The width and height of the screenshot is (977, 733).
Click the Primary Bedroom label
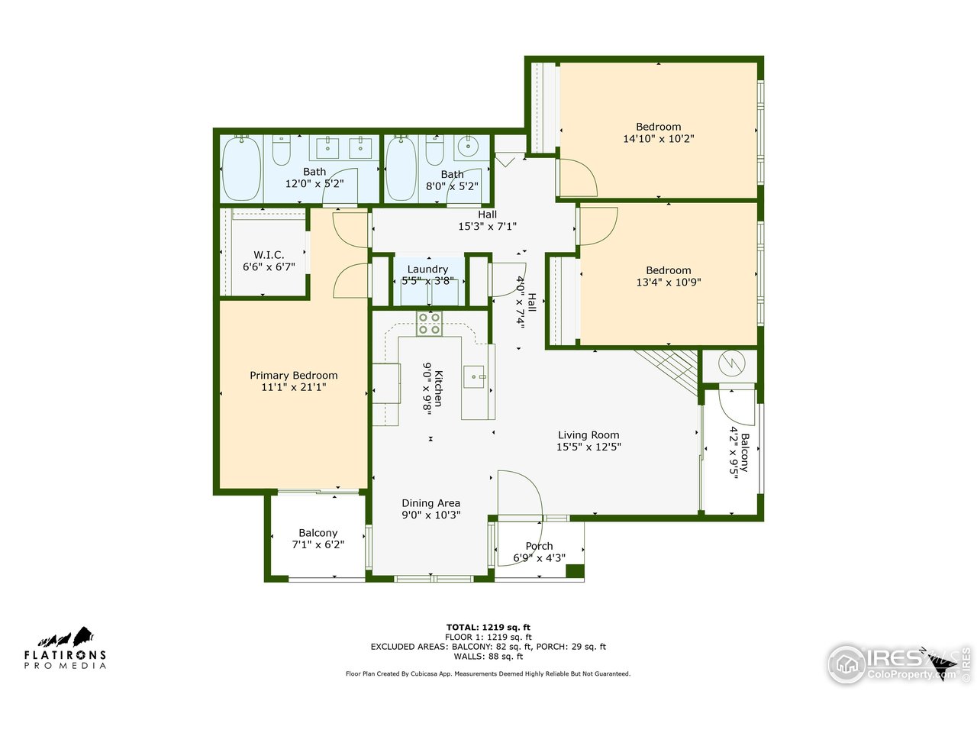click(x=294, y=376)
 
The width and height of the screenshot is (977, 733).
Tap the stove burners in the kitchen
click(x=428, y=324)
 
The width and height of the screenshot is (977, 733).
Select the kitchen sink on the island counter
click(x=474, y=376)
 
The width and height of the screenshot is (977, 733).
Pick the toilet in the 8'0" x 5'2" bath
click(x=434, y=151)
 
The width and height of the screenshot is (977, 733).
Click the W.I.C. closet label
click(x=269, y=255)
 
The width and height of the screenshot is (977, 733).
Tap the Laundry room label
click(x=427, y=270)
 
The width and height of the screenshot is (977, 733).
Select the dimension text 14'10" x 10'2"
click(x=659, y=139)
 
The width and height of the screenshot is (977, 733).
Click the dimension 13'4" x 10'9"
click(x=669, y=283)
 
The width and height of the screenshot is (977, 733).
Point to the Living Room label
click(x=588, y=435)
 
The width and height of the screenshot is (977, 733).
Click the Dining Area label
click(x=431, y=503)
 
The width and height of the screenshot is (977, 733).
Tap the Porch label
click(x=539, y=546)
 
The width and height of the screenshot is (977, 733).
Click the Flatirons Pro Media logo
click(x=65, y=649)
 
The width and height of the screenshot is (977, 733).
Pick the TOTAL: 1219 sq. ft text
click(x=488, y=627)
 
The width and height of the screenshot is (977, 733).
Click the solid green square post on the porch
click(x=575, y=571)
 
